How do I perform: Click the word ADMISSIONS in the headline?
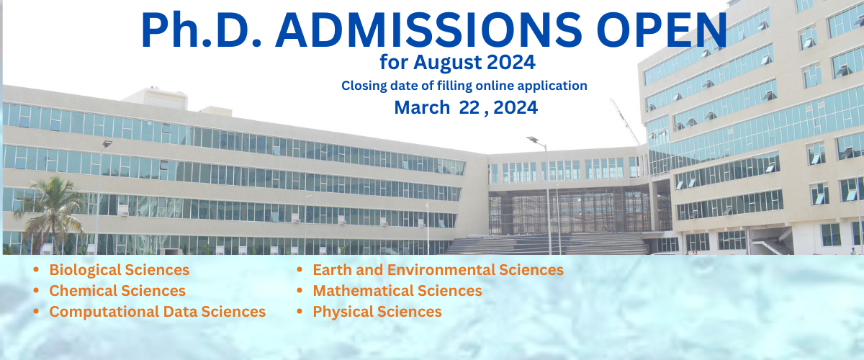[x=428, y=30]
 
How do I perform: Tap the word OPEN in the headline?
[x=662, y=30]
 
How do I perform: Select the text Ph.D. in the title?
[x=202, y=30]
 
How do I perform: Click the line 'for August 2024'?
[x=457, y=63]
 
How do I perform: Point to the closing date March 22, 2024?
[x=466, y=107]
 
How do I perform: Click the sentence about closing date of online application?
[x=464, y=86]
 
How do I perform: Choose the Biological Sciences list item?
[x=120, y=270]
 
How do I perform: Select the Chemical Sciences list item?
[x=117, y=291]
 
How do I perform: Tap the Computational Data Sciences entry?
[x=158, y=312]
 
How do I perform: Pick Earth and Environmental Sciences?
[x=438, y=270]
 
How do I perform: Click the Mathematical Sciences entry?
[x=397, y=291]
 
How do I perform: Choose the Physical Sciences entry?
[x=377, y=312]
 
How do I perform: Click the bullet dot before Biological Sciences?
[x=36, y=270]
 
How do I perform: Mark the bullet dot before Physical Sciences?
[x=300, y=311]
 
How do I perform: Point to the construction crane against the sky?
[x=625, y=122]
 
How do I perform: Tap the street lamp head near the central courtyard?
[x=533, y=140]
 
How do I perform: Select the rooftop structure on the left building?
[x=154, y=99]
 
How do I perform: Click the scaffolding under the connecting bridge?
[x=570, y=212]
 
